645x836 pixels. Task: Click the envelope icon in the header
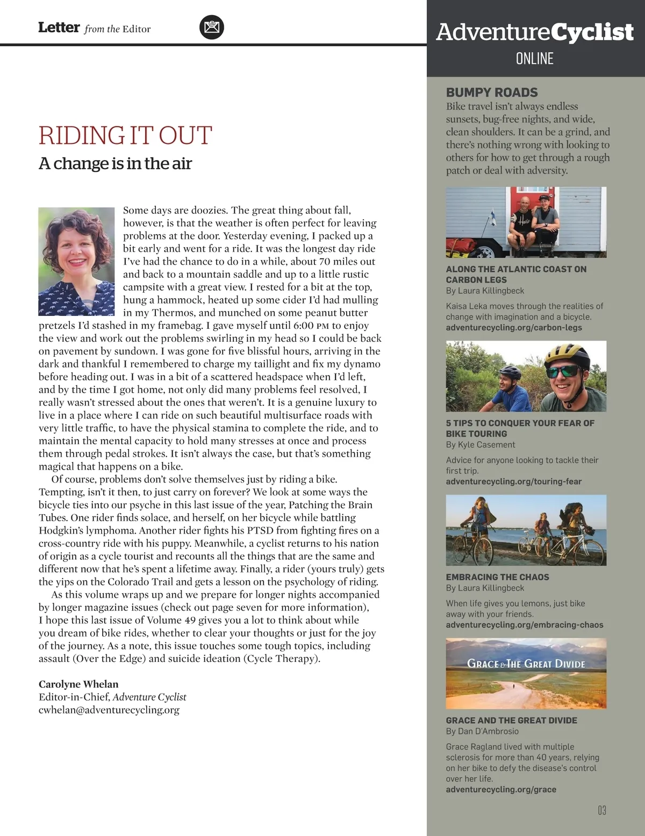coord(212,27)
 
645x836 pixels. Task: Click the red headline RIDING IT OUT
coord(125,135)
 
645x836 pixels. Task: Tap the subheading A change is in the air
coord(115,163)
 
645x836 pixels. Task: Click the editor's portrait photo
coord(76,261)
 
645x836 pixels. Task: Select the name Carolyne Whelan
coord(78,684)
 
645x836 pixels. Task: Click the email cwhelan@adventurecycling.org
coord(109,710)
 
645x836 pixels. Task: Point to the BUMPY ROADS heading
coord(492,92)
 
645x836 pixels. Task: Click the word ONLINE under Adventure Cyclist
coord(534,59)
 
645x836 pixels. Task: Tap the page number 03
coord(602,810)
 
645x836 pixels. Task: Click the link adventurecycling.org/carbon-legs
coord(514,327)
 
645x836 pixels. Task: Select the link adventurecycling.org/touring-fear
coord(514,481)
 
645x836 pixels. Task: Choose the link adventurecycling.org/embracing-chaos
coord(525,625)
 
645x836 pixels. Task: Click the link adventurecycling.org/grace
coord(501,789)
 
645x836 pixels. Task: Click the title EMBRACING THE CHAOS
coord(497,577)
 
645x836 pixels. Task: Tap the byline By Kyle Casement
coord(481,444)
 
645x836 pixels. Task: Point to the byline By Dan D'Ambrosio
coord(482,731)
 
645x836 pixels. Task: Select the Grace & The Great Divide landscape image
coord(526,673)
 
